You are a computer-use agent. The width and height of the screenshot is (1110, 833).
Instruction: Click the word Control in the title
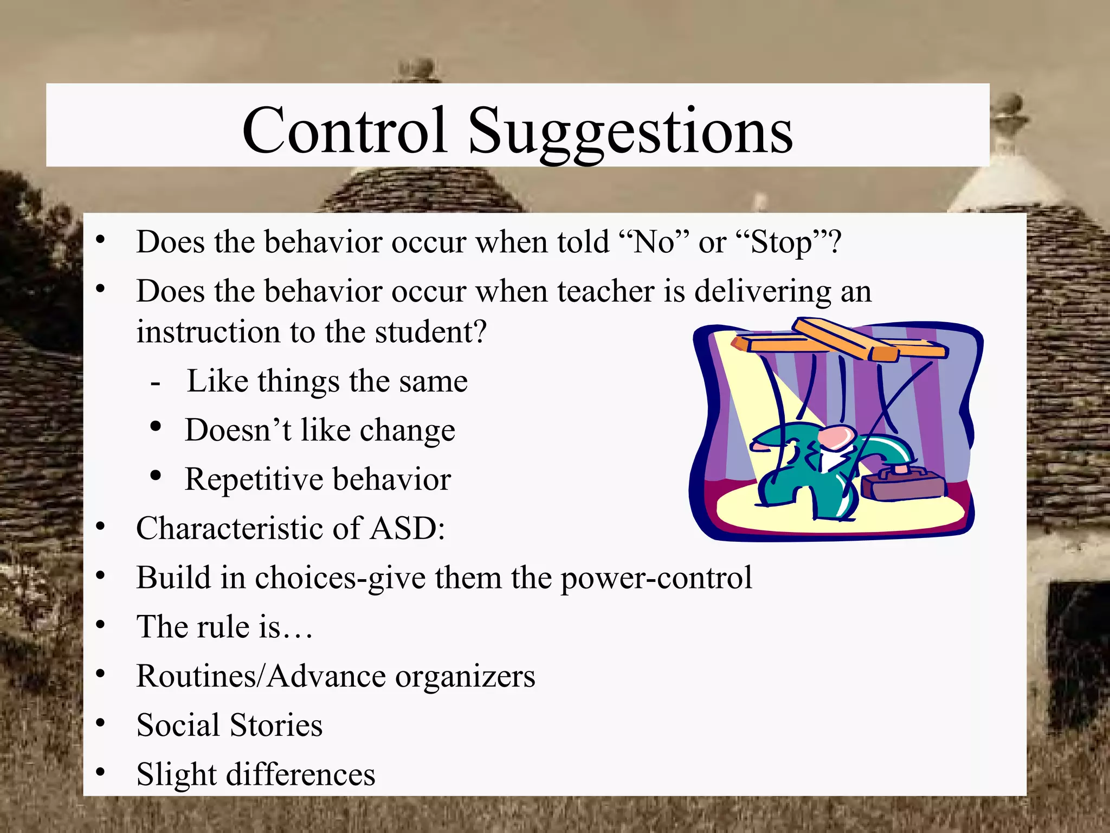coord(345,130)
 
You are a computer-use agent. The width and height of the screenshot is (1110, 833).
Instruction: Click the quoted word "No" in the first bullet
coord(654,242)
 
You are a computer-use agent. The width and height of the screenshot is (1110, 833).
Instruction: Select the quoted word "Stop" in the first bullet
coord(781,243)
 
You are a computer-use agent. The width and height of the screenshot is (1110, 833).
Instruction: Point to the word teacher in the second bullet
coord(606,291)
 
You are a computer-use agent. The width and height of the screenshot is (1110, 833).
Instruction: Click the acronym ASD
coord(406,528)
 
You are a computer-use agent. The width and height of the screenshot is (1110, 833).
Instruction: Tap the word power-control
coord(656,578)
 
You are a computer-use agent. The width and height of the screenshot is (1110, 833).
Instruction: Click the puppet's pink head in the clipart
coord(837,436)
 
